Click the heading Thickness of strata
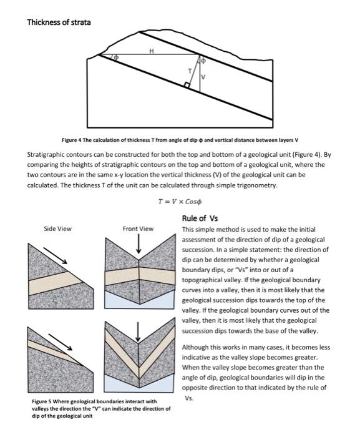(x=59, y=22)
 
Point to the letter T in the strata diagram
(x=190, y=72)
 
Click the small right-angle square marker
(x=187, y=84)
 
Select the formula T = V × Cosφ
(x=181, y=202)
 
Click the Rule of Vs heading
(x=200, y=219)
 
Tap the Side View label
(x=57, y=229)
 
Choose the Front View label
(x=138, y=229)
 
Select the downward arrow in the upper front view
(x=139, y=246)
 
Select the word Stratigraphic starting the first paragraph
(x=47, y=154)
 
